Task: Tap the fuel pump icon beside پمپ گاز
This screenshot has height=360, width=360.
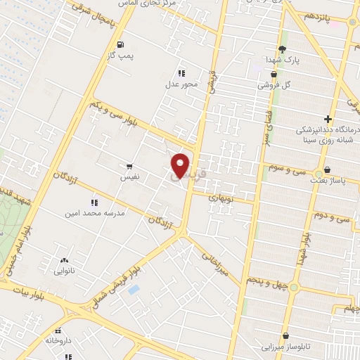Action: [x=121, y=44]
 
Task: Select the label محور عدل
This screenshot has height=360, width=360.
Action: [x=182, y=84]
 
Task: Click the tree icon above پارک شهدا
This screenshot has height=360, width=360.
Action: [x=282, y=49]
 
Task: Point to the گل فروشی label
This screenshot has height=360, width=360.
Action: [x=273, y=84]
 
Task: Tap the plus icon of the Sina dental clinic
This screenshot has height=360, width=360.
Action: [x=328, y=119]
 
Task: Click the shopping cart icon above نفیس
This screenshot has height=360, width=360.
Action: [x=129, y=167]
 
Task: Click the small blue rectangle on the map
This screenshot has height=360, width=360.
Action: [x=134, y=289]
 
